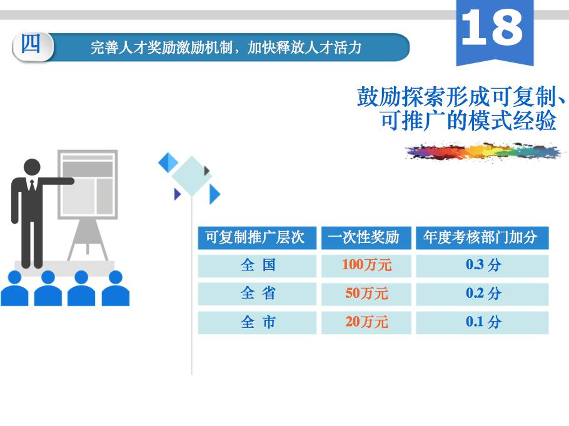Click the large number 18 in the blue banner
[492, 27]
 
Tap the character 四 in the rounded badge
[31, 44]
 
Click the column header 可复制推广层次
[254, 237]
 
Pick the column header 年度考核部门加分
[480, 237]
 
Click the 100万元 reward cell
[366, 265]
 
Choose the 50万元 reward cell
[366, 294]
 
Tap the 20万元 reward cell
[366, 322]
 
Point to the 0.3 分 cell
[483, 265]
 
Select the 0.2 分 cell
[483, 294]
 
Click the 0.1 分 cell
[483, 322]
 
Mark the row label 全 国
[258, 265]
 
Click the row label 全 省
[258, 294]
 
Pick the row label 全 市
[258, 322]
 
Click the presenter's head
[32, 167]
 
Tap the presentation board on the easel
[88, 184]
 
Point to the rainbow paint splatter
[483, 151]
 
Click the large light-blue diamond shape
[191, 176]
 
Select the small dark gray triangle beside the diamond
[207, 171]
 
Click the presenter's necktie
[33, 186]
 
